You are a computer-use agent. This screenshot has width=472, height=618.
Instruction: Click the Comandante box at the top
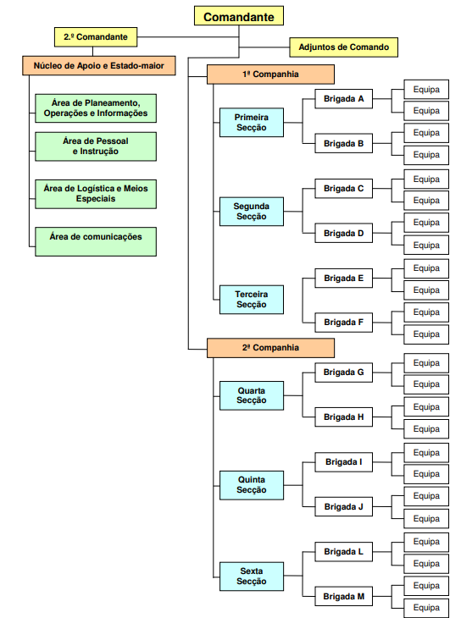tap(239, 16)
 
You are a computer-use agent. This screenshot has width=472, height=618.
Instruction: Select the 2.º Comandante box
tap(96, 37)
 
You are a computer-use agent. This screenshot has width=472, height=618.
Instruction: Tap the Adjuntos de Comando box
tap(344, 47)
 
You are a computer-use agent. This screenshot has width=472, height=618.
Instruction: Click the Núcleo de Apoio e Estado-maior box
tap(98, 65)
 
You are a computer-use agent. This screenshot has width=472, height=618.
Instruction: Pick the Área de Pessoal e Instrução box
tap(96, 146)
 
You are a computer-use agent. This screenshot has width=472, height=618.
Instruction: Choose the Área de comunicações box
tap(96, 241)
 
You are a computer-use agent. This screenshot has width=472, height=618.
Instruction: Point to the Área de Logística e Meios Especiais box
tap(96, 194)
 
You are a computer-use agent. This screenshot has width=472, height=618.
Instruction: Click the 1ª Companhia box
tap(270, 74)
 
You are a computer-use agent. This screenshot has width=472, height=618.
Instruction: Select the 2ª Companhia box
tap(270, 348)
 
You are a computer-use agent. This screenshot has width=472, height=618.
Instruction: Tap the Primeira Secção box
tap(252, 122)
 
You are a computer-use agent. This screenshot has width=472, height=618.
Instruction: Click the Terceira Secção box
tap(252, 300)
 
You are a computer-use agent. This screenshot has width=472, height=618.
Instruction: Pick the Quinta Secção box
tap(252, 485)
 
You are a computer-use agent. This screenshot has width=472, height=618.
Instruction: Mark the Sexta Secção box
tap(252, 577)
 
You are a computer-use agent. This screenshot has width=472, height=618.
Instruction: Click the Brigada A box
tap(344, 98)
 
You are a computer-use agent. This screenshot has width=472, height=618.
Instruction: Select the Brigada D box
tap(344, 233)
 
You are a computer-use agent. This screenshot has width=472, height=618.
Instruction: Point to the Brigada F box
tap(344, 323)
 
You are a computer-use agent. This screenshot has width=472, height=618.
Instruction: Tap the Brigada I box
tap(344, 462)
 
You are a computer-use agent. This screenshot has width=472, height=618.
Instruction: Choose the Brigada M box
tap(344, 596)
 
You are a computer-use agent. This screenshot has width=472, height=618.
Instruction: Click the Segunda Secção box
tap(252, 212)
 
